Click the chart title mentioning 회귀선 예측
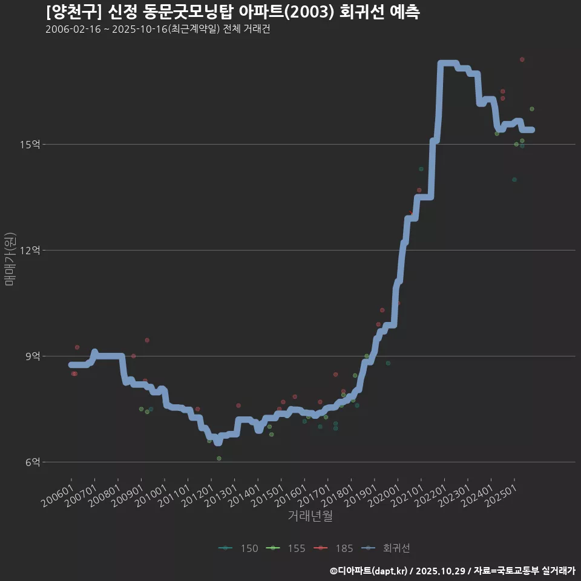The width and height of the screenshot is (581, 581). click(x=232, y=13)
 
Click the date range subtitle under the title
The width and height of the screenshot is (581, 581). click(x=157, y=30)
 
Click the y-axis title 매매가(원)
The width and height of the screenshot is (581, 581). click(x=10, y=259)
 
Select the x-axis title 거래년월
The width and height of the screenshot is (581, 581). click(x=310, y=516)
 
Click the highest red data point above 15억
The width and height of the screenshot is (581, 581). click(x=522, y=59)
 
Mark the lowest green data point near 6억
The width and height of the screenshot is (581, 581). click(x=219, y=458)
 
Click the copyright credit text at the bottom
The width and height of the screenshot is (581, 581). click(x=452, y=571)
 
